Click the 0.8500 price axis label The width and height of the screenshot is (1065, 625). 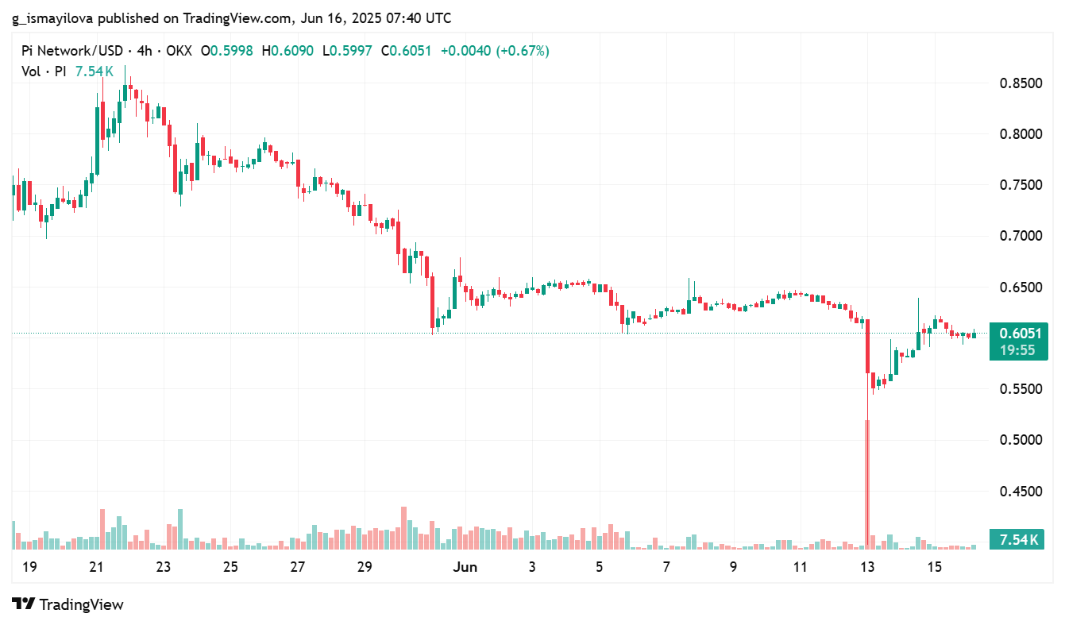click(1021, 83)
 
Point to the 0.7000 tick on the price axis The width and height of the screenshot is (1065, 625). click(1021, 236)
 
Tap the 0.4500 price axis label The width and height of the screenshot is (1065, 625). click(1021, 492)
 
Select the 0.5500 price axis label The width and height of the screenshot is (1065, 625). click(1021, 389)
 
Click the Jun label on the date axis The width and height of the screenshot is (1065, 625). click(465, 567)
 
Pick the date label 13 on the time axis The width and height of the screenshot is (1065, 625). click(867, 567)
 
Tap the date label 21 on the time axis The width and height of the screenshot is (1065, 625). click(96, 567)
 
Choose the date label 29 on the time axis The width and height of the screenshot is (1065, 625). click(365, 567)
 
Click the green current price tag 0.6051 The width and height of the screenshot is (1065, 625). click(1019, 334)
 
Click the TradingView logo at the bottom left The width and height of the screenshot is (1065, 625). click(68, 604)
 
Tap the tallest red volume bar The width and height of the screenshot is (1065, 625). click(866, 484)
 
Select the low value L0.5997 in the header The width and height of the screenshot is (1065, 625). click(349, 51)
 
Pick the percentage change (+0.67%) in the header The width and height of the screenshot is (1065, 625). click(523, 51)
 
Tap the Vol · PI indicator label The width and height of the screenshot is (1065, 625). click(43, 71)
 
